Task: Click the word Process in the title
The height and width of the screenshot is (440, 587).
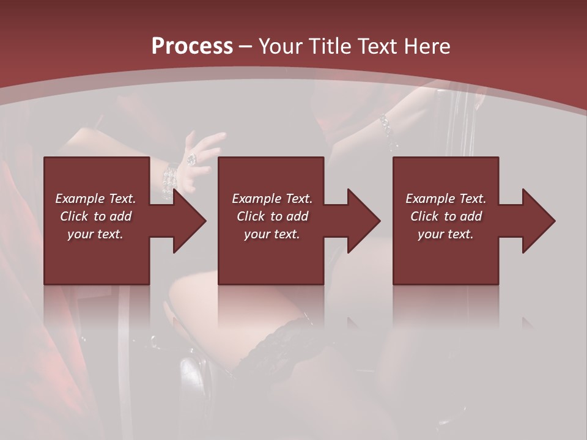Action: click(x=192, y=46)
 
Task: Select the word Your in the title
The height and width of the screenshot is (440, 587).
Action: click(x=278, y=46)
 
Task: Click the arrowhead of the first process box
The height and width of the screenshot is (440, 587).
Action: click(x=189, y=221)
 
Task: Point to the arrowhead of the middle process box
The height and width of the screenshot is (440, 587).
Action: click(x=364, y=221)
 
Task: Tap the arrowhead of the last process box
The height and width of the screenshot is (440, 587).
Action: click(x=539, y=221)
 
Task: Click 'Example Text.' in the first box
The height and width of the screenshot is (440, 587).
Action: click(x=95, y=199)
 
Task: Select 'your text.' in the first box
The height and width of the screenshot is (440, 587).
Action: click(x=95, y=234)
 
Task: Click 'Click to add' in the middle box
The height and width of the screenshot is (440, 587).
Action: click(x=272, y=216)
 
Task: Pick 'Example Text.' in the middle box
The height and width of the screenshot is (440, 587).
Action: click(x=272, y=199)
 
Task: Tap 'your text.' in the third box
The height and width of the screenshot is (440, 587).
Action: click(x=446, y=234)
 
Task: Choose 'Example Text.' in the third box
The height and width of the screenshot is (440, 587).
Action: click(x=446, y=199)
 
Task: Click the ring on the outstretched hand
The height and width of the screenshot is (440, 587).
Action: click(x=192, y=159)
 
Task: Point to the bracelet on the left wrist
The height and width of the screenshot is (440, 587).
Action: click(x=169, y=178)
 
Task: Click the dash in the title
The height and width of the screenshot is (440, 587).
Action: click(x=245, y=46)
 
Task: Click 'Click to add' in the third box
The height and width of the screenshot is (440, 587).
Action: click(x=446, y=216)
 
